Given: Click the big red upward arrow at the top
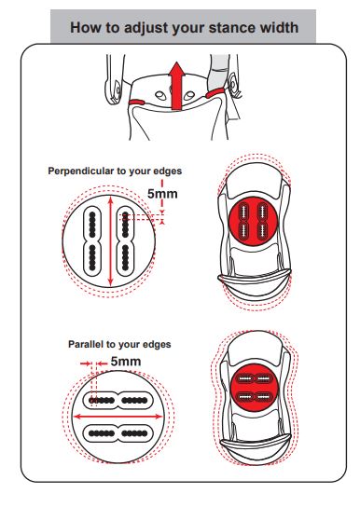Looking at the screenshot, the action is pos(176,86).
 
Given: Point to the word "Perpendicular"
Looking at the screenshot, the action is pos(83,171).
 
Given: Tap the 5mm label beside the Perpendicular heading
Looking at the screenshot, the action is pos(162,194).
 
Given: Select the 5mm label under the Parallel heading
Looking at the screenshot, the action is pos(126,362).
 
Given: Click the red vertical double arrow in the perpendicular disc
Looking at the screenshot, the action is pos(111,241).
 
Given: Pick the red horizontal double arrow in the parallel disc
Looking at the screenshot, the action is pos(118,417).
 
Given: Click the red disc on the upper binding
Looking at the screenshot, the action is pos(253,222).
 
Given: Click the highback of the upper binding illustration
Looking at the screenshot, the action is pos(255,283).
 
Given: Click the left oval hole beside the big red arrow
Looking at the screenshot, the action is pos(160,96).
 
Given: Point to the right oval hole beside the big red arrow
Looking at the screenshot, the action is pos(189,96).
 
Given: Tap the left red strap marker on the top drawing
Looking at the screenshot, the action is pos(136,103).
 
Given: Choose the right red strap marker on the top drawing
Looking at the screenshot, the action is pos(214,93).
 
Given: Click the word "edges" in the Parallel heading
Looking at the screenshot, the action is pos(157,345).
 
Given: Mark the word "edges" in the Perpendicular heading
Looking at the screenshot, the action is pos(168,171).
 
